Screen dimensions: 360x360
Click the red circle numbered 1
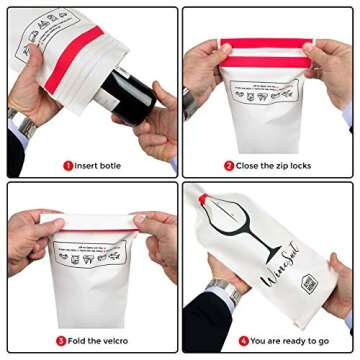68,165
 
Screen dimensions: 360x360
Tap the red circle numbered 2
229,165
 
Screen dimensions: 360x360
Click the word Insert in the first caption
87,165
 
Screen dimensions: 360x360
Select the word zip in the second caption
276,165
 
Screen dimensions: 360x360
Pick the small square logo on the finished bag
309,284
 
